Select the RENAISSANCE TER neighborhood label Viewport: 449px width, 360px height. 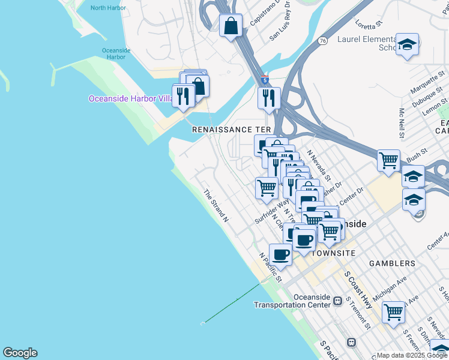[x=231, y=130]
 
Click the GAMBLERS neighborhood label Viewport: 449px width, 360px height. [x=391, y=263]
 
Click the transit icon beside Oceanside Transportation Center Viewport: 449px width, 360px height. [x=338, y=300]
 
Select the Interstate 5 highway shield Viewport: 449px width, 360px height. [x=265, y=79]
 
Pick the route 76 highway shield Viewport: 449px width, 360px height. [x=323, y=41]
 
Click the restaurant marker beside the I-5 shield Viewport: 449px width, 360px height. [x=269, y=97]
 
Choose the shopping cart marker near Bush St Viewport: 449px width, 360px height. [x=388, y=160]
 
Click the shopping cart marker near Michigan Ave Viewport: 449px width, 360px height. [x=393, y=311]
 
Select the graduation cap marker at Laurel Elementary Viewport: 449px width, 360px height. [x=408, y=44]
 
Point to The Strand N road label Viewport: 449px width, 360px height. [x=215, y=206]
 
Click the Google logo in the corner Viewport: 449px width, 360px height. [x=20, y=353]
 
